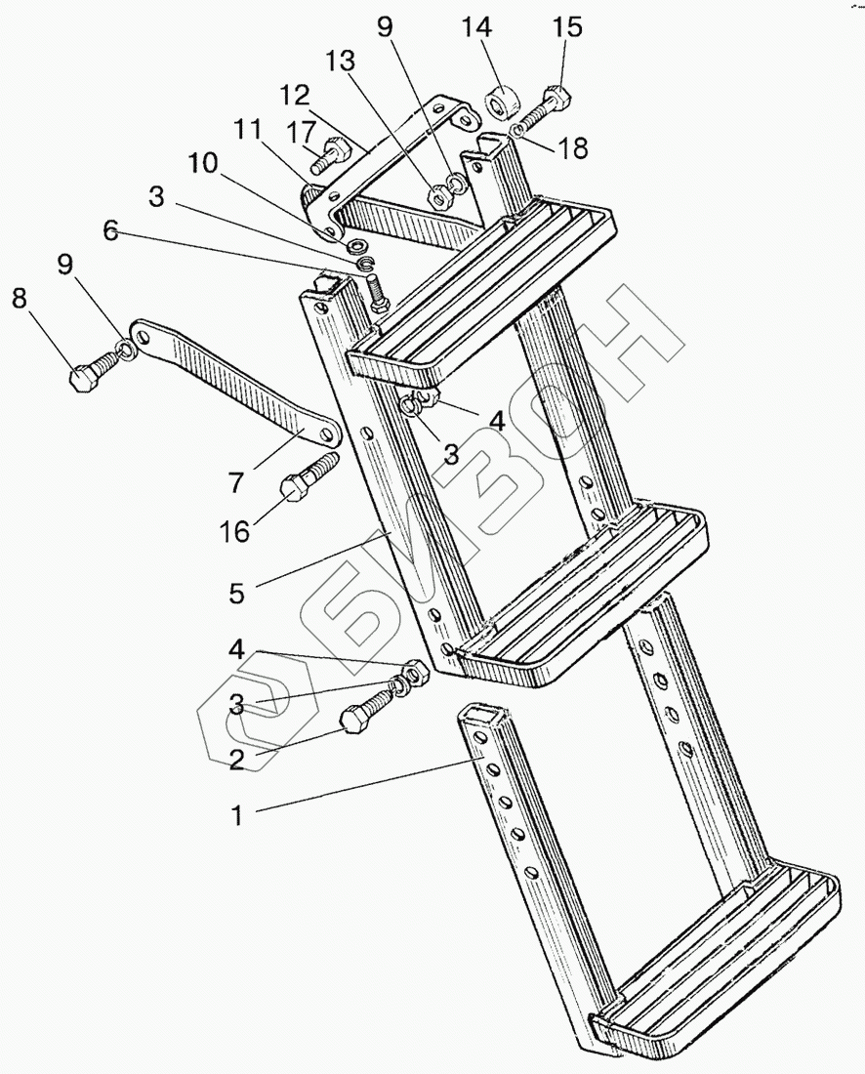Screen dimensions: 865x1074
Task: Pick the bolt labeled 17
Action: coord(330,153)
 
